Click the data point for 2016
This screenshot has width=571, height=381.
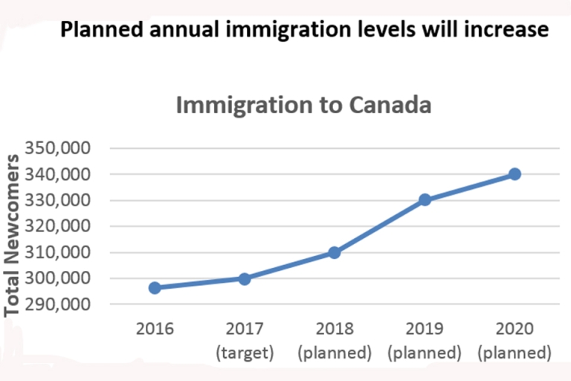[155, 288]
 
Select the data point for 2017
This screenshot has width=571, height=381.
[245, 278]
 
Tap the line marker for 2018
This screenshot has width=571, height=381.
[335, 252]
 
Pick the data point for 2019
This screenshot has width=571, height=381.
[425, 199]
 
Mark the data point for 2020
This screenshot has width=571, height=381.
[514, 174]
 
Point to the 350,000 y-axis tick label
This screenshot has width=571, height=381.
[59, 148]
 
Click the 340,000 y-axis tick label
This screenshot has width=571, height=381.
[59, 174]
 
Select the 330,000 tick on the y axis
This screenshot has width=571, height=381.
[59, 200]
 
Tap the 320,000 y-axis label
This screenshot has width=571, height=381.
[59, 226]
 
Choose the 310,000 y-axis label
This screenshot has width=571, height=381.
[59, 252]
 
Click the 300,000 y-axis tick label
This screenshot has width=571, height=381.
[59, 278]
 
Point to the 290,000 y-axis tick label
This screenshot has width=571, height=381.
[59, 304]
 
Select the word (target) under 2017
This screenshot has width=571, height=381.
[245, 352]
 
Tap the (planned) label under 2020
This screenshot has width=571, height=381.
[514, 352]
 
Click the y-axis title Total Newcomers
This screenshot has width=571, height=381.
[13, 235]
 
